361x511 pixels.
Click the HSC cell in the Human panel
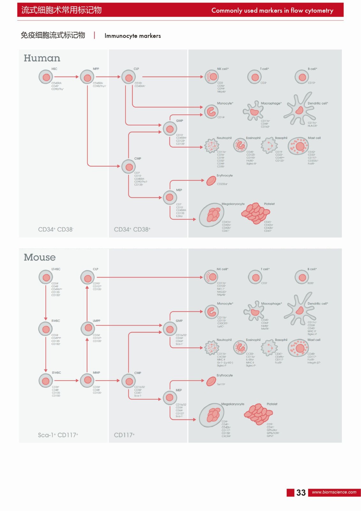tap(46, 77)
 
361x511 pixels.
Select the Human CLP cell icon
tap(129, 77)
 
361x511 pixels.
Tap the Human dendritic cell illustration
tap(299, 109)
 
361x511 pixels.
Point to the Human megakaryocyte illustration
tap(212, 215)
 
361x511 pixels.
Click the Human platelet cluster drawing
tap(256, 213)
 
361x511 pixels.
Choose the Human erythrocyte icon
tap(211, 181)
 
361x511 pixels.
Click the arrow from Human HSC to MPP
tap(66, 77)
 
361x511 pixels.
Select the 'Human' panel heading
tap(42, 58)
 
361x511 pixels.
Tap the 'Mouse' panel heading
tap(40, 257)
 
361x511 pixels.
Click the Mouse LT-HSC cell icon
tap(46, 277)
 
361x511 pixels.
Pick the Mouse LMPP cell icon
tap(87, 328)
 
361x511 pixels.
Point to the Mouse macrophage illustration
tap(254, 311)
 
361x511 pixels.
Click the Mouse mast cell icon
tap(298, 348)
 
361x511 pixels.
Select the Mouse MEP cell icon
tap(170, 398)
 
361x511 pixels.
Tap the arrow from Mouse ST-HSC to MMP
tap(66, 381)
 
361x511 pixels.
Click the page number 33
tap(301, 493)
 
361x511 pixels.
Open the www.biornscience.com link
tap(334, 492)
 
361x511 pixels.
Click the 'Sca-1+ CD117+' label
tap(58, 435)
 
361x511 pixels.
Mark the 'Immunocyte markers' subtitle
tap(132, 36)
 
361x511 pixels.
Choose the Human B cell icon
tap(302, 77)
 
